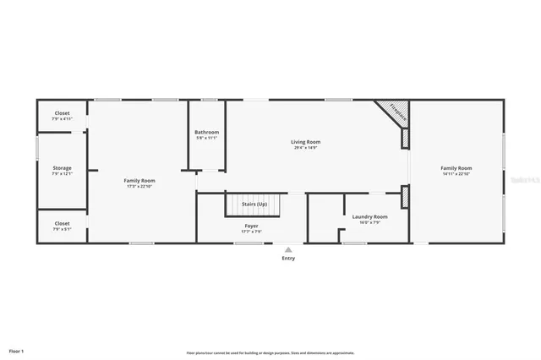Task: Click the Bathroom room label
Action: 206,132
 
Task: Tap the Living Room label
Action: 307,142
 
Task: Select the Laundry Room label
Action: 370,217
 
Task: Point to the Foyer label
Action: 252,226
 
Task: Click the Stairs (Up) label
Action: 255,204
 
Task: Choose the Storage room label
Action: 62,168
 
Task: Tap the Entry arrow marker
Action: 288,249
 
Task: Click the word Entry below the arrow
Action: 288,259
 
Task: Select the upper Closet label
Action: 62,113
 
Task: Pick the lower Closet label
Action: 62,224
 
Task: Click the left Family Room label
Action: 139,180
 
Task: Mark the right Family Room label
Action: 456,168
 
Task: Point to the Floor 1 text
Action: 17,350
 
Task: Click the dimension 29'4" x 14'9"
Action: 307,148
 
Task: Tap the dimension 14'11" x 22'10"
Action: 456,174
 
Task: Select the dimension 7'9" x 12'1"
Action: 62,174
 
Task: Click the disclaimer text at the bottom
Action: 270,352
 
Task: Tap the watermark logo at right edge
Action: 525,180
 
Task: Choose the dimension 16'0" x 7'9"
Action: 370,223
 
